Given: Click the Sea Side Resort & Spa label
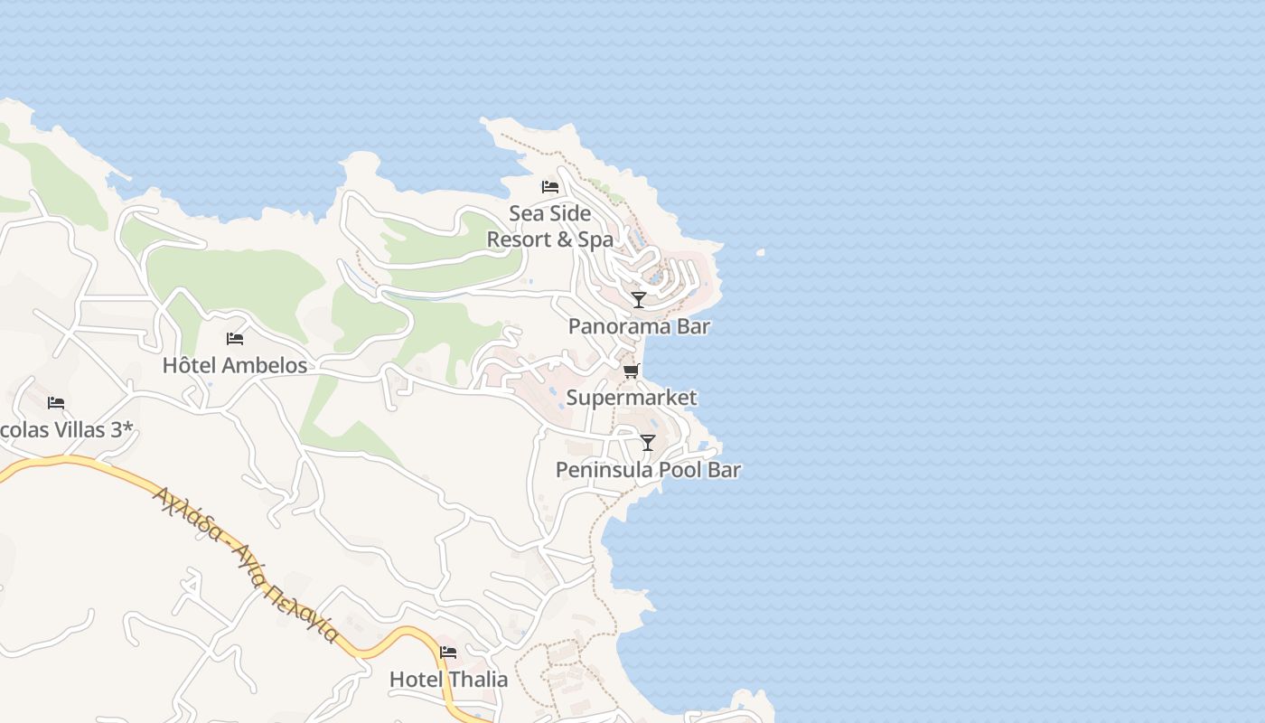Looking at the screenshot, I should tap(549, 227).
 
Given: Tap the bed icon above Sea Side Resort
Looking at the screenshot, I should tap(549, 187).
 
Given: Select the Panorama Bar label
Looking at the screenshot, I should tap(639, 326).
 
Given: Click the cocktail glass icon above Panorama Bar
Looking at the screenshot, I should tap(639, 299).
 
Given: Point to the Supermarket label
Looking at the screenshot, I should tap(631, 398).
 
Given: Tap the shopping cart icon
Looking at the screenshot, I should tap(631, 371).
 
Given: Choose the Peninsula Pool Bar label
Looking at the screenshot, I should tap(648, 470).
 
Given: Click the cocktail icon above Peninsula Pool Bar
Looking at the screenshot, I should tap(648, 442).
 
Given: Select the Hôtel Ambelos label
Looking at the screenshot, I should tap(235, 365).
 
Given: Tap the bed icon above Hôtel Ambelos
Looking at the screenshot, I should tap(235, 339).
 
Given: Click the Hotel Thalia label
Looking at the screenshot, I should tap(448, 679).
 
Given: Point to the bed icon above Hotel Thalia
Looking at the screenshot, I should tap(448, 652).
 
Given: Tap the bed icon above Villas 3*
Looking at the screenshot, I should tap(56, 402).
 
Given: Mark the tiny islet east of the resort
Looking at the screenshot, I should tap(761, 253).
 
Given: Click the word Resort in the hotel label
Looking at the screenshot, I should tap(517, 239).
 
